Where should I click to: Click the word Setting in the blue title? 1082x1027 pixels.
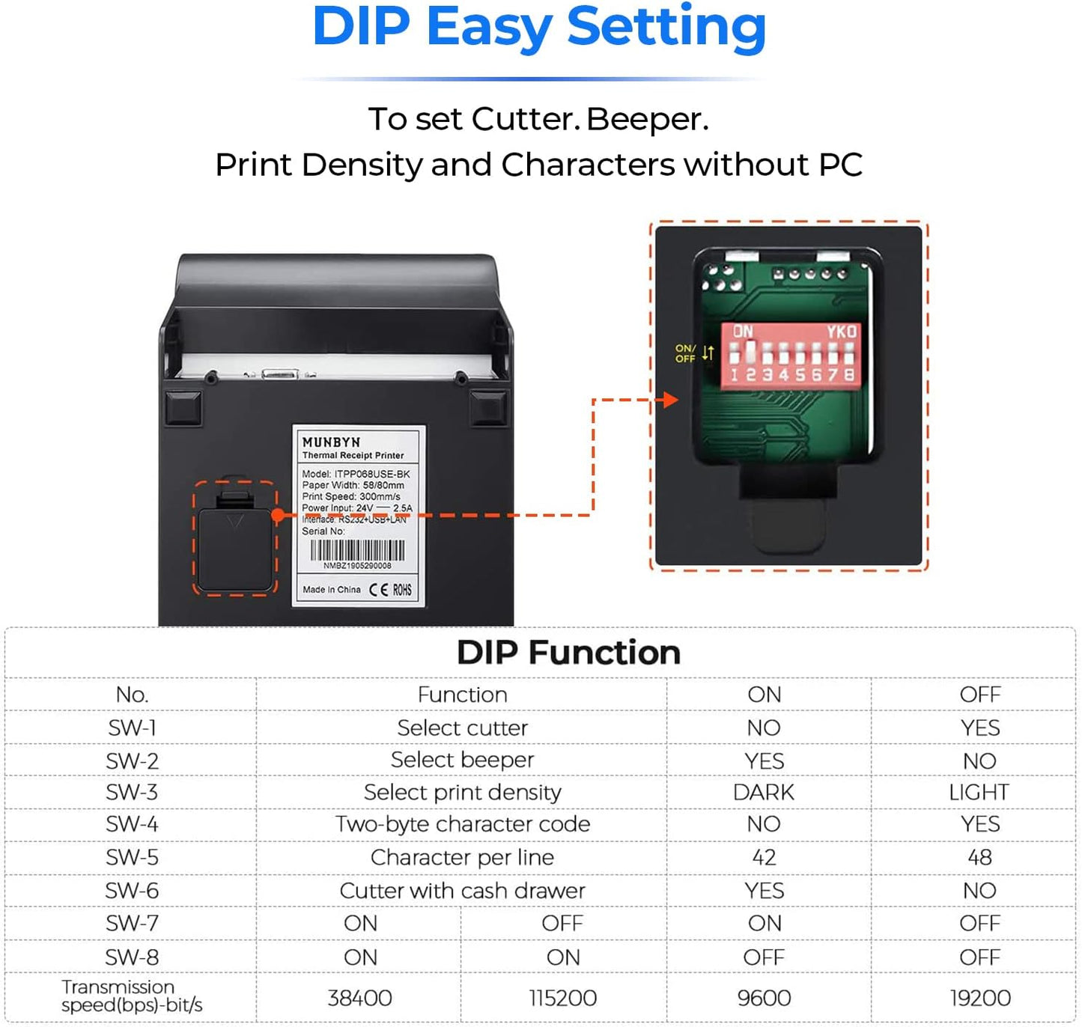[x=666, y=28]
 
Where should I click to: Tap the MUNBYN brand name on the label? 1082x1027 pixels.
[x=331, y=442]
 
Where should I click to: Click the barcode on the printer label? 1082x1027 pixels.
[x=357, y=551]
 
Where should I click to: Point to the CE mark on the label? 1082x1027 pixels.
[x=379, y=590]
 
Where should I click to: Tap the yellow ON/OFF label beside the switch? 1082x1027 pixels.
[x=685, y=353]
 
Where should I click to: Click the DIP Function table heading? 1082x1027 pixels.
[x=568, y=653]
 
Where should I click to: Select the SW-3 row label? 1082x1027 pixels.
[x=132, y=792]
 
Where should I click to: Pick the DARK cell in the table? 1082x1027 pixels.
[x=763, y=792]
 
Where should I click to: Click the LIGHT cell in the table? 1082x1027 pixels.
[x=979, y=792]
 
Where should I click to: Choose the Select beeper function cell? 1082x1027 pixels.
[x=462, y=760]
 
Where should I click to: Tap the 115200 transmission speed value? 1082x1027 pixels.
[x=562, y=998]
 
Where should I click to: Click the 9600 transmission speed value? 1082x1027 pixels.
[x=763, y=998]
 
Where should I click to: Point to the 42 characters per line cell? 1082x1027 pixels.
[x=764, y=857]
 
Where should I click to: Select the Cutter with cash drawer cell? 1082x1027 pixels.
[x=462, y=891]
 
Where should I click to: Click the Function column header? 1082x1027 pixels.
[x=462, y=695]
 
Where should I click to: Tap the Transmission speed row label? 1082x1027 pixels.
[x=132, y=996]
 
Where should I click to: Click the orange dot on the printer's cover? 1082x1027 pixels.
[x=278, y=515]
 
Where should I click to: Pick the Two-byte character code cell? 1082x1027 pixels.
[x=462, y=824]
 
